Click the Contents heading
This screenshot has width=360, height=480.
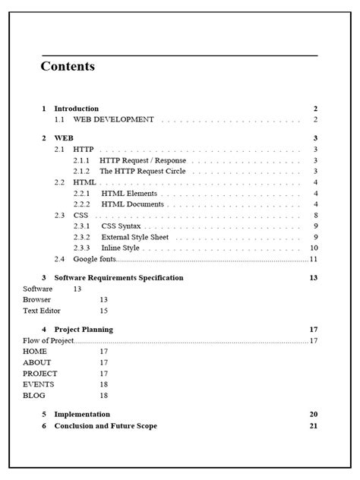68,67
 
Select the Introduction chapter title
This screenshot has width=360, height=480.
76,109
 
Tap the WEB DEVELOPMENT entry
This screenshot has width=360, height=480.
113,119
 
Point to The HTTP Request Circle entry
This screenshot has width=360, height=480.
143,171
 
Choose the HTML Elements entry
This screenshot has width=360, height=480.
129,193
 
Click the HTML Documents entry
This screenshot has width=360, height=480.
132,204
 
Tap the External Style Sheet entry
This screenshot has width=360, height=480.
135,237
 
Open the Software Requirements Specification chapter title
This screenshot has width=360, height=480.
118,278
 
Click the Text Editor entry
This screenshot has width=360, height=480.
42,311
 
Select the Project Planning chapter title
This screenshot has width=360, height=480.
84,330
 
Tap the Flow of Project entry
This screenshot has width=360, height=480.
49,341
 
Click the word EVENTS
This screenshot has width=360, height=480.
39,384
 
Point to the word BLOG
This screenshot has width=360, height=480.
34,396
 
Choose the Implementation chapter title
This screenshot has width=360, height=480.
82,414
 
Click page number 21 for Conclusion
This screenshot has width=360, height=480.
313,425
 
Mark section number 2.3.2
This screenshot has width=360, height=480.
82,237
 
